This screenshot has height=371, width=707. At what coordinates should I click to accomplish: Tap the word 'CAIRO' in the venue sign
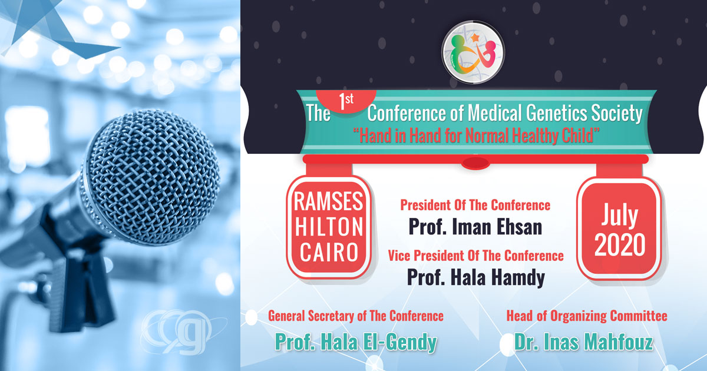tap(329, 253)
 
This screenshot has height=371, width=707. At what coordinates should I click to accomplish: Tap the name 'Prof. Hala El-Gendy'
tap(356, 342)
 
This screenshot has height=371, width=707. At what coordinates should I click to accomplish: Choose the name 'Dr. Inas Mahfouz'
tap(587, 342)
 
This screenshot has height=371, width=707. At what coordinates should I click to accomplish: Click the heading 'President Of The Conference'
tap(475, 206)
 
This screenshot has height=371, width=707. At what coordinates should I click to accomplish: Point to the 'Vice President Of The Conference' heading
tap(475, 256)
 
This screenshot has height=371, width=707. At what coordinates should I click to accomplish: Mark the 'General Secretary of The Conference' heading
tap(356, 316)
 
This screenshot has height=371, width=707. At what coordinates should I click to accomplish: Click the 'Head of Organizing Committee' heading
tap(587, 316)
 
